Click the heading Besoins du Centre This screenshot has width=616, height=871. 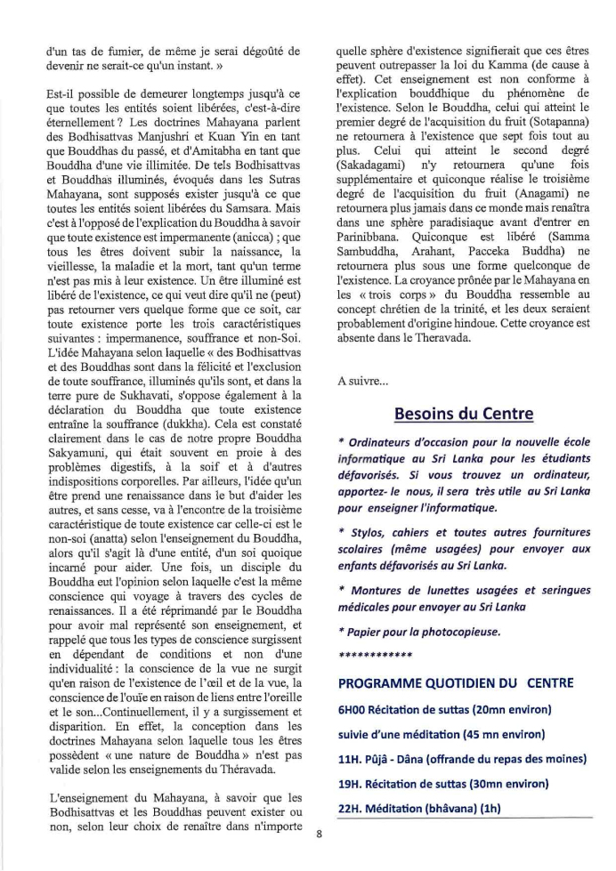pyautogui.click(x=464, y=414)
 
